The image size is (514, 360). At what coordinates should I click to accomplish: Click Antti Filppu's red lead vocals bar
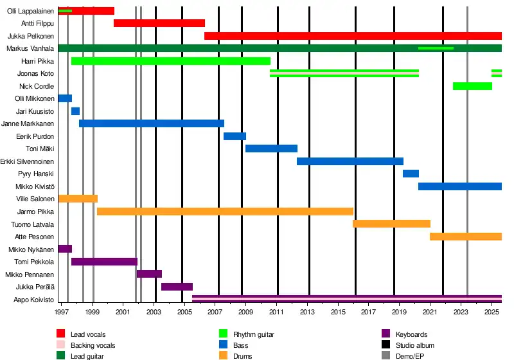tap(159, 23)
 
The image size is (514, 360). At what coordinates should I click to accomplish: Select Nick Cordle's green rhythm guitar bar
tap(472, 86)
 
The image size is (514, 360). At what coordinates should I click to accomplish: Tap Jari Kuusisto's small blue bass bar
tap(75, 111)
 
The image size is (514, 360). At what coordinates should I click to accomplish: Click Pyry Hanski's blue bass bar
tap(411, 174)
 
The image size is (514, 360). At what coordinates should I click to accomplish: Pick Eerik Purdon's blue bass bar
tap(235, 136)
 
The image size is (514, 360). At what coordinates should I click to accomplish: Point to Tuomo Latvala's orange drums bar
tap(391, 224)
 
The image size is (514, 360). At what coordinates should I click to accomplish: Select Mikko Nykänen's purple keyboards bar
tap(65, 249)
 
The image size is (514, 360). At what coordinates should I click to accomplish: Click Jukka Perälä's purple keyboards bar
tap(177, 287)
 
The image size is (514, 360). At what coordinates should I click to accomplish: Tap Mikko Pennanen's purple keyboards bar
tap(149, 274)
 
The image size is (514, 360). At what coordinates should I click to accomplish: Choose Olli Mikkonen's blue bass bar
tap(65, 98)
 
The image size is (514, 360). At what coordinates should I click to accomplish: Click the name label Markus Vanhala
tap(30, 48)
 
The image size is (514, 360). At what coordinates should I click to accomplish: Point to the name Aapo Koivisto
tap(33, 300)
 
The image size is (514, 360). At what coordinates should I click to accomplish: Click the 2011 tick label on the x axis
tap(277, 312)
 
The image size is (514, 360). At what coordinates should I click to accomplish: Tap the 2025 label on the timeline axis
tap(492, 312)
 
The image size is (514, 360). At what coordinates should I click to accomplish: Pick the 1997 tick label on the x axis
tap(62, 312)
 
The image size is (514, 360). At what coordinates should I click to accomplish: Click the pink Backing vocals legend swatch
tap(61, 345)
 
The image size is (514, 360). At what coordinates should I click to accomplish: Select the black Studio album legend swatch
tap(385, 345)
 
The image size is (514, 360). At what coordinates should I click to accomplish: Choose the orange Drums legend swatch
tap(223, 356)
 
